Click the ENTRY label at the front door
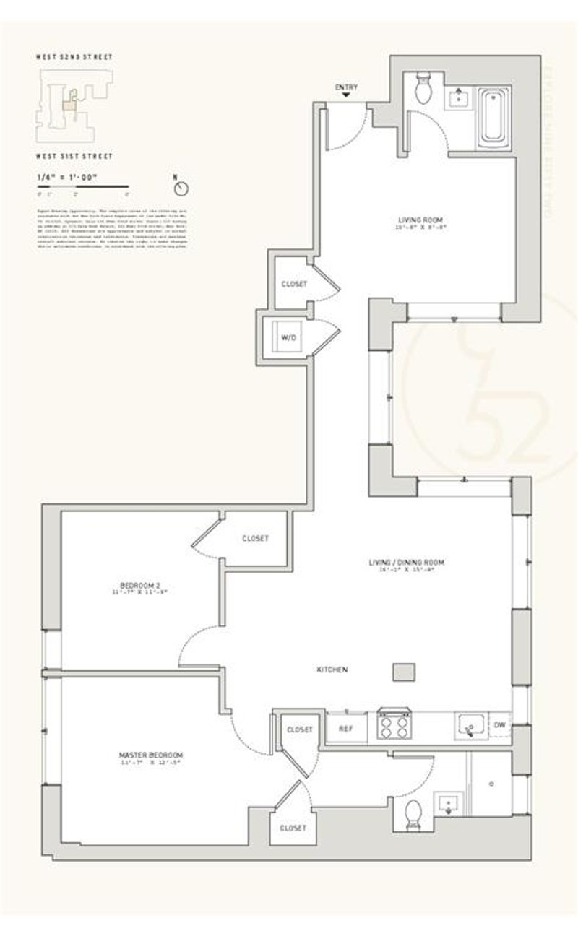tap(346, 88)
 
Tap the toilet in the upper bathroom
tap(424, 88)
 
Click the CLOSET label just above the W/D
tap(293, 284)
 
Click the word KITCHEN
tap(332, 670)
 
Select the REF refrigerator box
tap(345, 729)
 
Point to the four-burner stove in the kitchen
tap(394, 726)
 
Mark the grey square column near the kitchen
tap(403, 672)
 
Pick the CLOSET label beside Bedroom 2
tap(255, 538)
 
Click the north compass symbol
tap(182, 188)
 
